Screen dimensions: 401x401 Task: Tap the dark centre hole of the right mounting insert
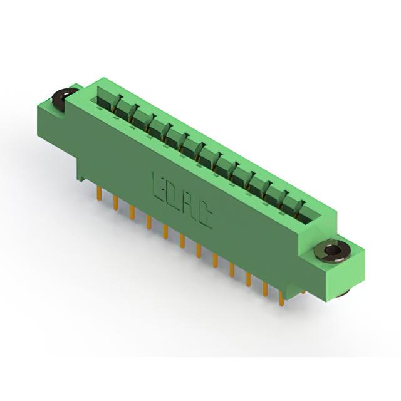click(330, 251)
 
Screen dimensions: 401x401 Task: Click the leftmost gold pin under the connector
click(100, 193)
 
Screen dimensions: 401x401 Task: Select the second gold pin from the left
click(115, 202)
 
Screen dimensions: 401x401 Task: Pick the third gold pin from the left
click(132, 212)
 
